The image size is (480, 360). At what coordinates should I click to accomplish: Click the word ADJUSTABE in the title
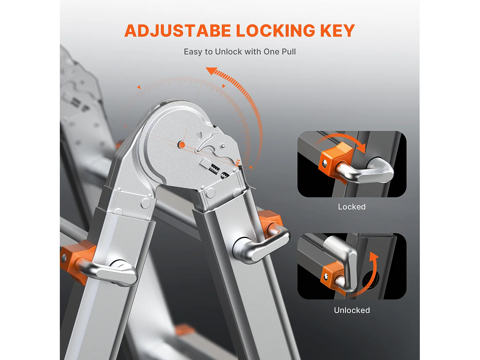tap(178, 31)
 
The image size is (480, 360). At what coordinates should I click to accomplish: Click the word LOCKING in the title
tap(276, 31)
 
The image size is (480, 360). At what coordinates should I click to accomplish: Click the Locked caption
tap(352, 207)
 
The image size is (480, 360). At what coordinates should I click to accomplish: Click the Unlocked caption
tap(352, 310)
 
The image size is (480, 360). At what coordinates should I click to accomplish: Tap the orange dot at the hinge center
tap(181, 145)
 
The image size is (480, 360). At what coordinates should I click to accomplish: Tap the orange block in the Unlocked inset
tap(331, 276)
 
